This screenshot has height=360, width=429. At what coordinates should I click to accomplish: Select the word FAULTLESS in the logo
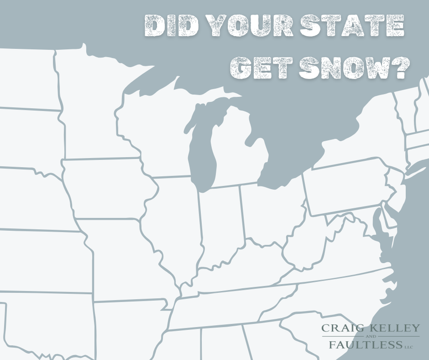(x=364, y=345)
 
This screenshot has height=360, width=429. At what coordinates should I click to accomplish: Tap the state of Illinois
(x=176, y=219)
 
